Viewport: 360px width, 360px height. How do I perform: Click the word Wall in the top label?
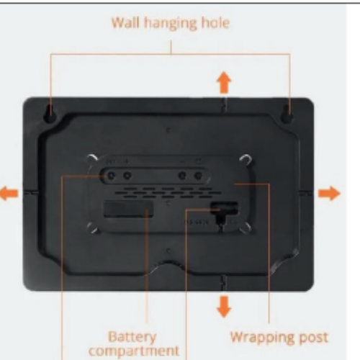(x=125, y=23)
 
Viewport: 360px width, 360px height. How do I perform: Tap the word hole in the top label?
(x=215, y=23)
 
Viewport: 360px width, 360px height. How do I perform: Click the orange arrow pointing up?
(x=224, y=82)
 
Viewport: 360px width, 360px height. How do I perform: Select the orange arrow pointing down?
(x=224, y=307)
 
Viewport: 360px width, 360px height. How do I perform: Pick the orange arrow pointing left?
(x=9, y=194)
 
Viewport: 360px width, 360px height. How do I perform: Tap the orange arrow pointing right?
(x=329, y=193)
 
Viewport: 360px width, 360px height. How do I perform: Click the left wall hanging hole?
(x=50, y=114)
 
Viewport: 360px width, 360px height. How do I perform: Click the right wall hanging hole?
(x=287, y=114)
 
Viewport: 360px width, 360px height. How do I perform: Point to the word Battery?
(x=132, y=337)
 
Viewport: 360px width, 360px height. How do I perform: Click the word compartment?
(x=134, y=351)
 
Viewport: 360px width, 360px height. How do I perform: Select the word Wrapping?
(x=261, y=338)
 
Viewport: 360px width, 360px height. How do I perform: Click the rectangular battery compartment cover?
(x=128, y=209)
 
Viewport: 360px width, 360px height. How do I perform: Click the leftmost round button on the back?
(x=111, y=176)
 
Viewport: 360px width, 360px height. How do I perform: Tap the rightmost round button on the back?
(x=198, y=176)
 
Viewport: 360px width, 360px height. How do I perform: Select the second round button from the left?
(x=127, y=176)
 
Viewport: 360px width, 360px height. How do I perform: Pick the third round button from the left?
(x=182, y=176)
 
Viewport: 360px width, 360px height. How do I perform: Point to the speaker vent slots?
(x=168, y=193)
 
